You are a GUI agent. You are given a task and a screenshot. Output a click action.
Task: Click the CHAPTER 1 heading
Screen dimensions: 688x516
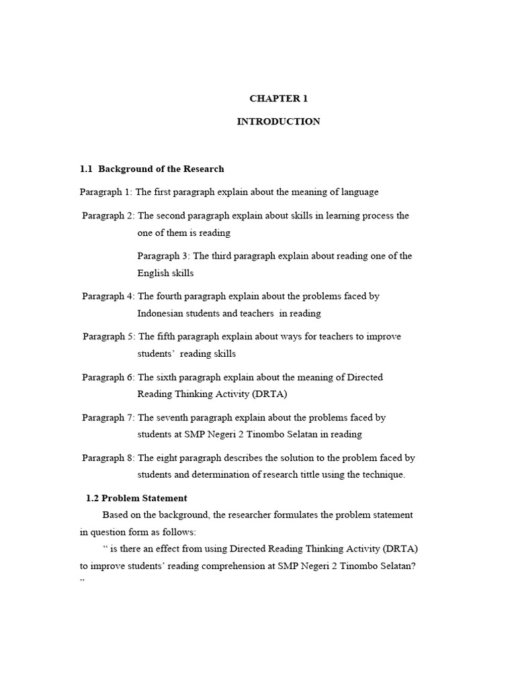pyautogui.click(x=278, y=98)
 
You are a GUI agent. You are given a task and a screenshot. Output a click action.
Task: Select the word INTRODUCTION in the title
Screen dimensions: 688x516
pyautogui.click(x=278, y=122)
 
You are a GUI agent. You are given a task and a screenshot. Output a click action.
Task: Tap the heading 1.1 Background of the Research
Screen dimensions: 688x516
pyautogui.click(x=152, y=169)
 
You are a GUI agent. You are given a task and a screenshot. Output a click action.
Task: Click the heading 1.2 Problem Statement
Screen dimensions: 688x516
pyautogui.click(x=136, y=498)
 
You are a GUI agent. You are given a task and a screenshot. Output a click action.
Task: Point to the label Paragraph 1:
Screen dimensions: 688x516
pyautogui.click(x=105, y=192)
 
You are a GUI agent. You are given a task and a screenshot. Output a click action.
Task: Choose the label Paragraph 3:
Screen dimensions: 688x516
pyautogui.click(x=163, y=256)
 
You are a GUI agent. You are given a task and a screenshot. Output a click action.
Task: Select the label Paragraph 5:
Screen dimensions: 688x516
pyautogui.click(x=109, y=337)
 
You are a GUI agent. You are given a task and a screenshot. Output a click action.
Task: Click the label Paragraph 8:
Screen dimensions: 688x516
pyautogui.click(x=108, y=458)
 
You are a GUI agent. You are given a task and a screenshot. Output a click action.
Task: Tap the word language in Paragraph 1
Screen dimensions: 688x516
pyautogui.click(x=359, y=192)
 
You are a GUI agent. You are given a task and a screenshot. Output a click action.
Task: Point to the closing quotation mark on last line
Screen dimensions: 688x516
pyautogui.click(x=83, y=579)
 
